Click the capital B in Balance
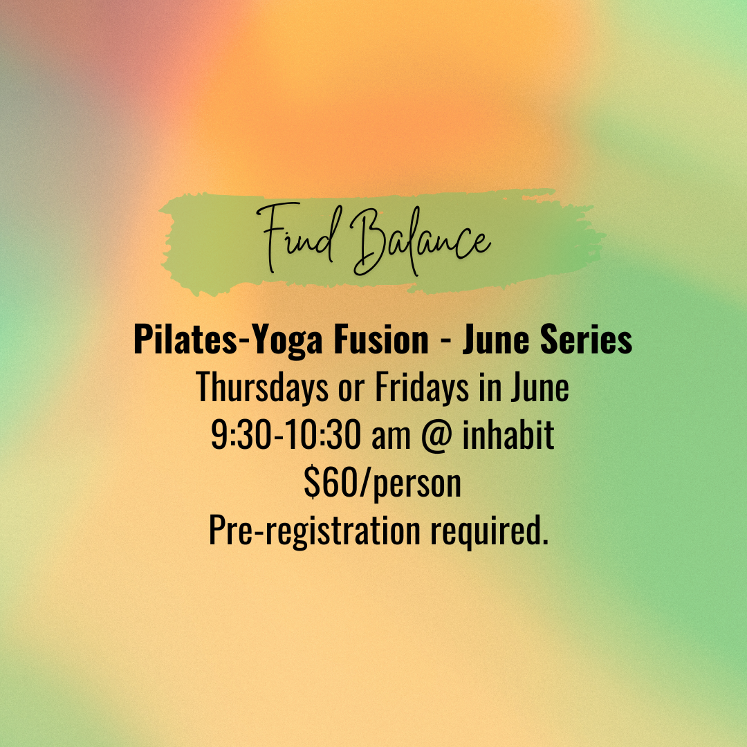pos(367,239)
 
